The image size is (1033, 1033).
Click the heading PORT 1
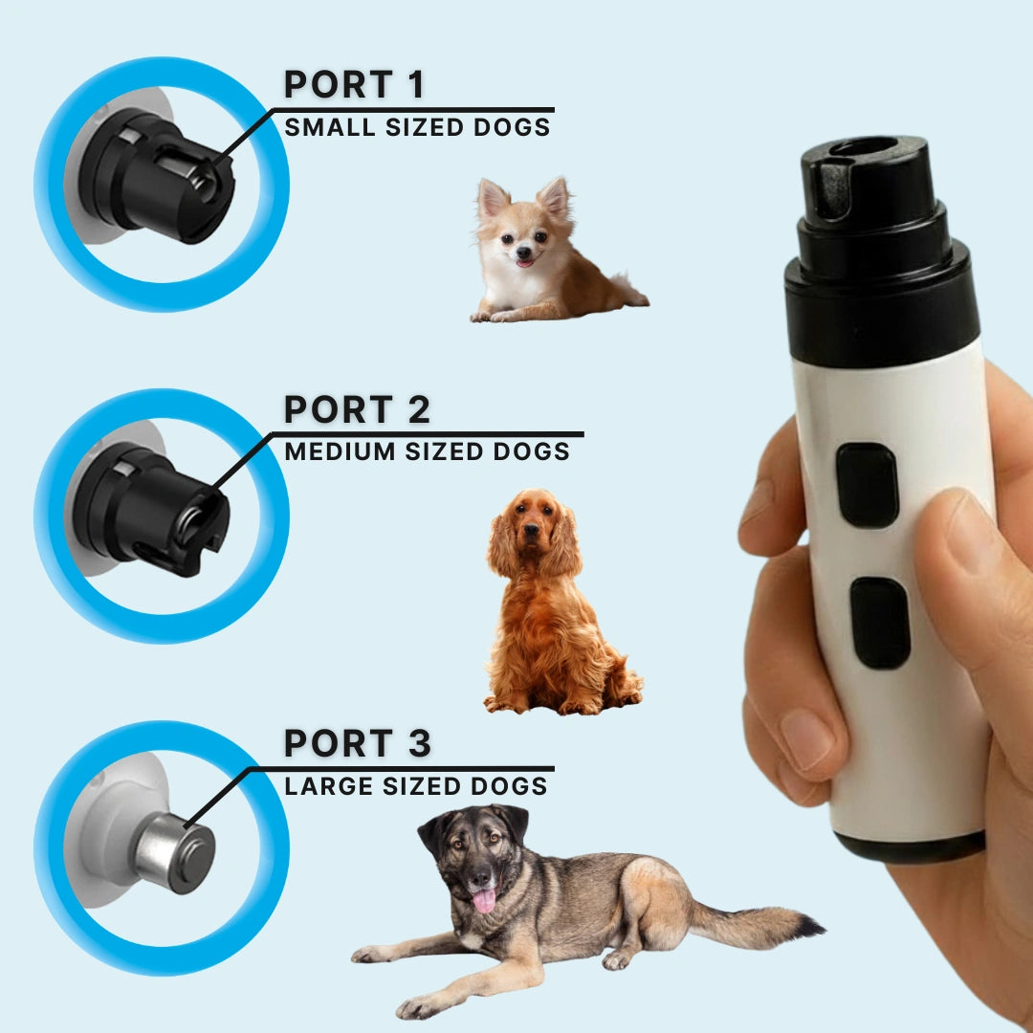tap(354, 85)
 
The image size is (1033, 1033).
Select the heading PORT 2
tap(357, 409)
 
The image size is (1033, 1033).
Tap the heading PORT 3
tap(357, 743)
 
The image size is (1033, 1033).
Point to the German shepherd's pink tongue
tap(485, 900)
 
